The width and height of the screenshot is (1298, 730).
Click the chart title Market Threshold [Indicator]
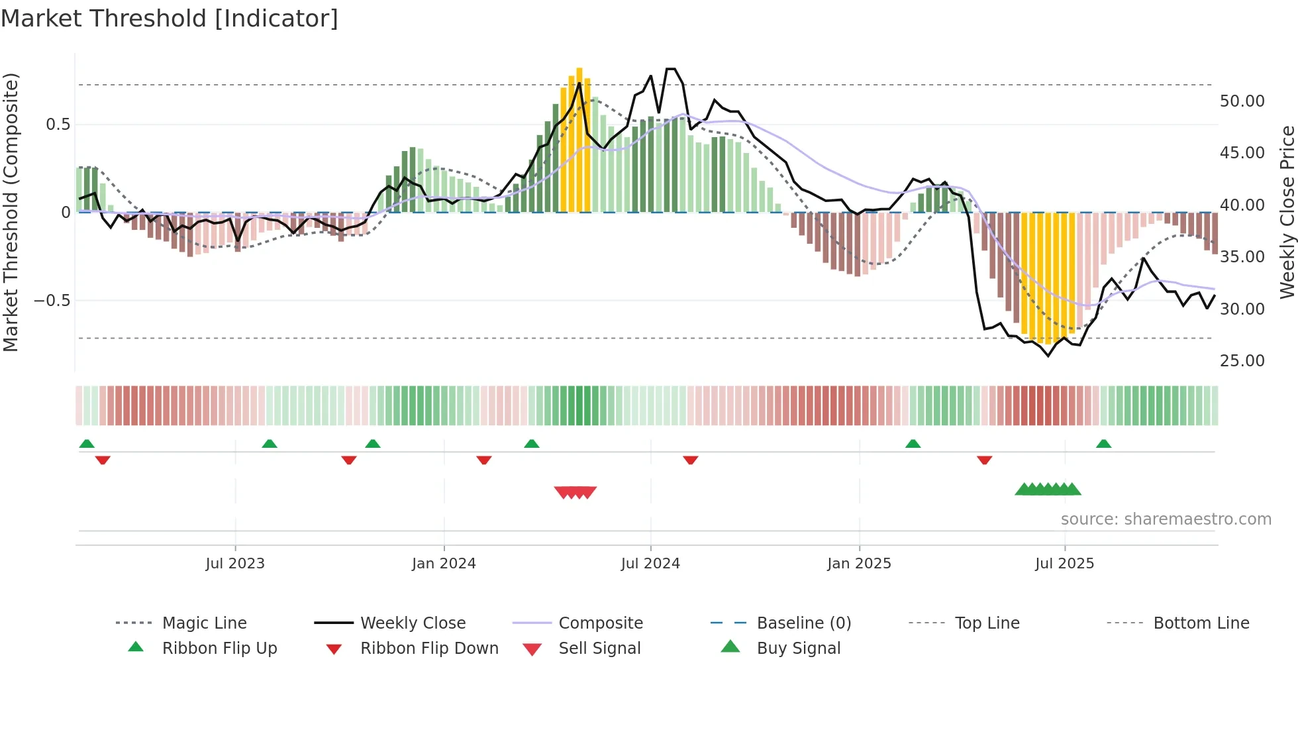(170, 19)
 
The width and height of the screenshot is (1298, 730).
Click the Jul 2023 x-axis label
(235, 563)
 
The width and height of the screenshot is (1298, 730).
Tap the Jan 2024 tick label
(444, 563)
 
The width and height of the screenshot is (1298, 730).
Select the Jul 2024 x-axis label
(650, 563)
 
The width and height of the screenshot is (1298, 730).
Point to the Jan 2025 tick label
(859, 563)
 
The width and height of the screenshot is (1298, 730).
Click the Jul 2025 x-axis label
(1064, 563)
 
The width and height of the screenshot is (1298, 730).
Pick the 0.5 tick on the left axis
(58, 125)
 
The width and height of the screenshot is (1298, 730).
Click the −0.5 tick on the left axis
(52, 301)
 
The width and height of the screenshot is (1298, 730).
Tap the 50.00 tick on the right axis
(1242, 101)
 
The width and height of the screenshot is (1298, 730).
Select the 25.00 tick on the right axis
(1242, 361)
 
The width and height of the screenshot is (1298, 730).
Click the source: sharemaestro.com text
(1166, 519)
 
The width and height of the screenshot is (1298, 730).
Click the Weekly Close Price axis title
(1287, 212)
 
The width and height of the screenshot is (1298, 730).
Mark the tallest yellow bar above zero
(579, 139)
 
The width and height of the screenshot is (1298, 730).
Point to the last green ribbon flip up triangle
(1103, 444)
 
